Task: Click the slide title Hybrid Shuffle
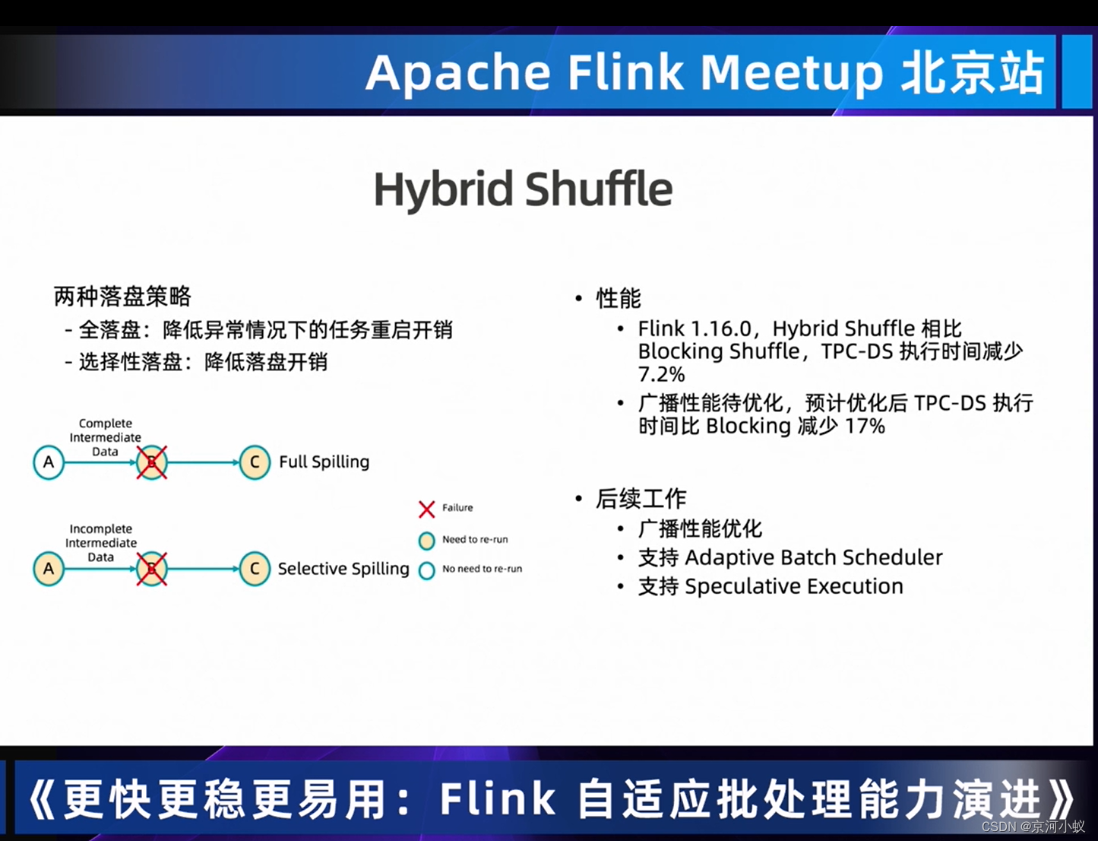pos(523,189)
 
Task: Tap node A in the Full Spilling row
pos(49,462)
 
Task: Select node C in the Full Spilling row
pos(255,462)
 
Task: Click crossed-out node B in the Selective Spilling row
pos(151,569)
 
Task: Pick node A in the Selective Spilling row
pos(49,569)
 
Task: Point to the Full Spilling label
pos(324,462)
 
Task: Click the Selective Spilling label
pos(343,569)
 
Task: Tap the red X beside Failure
pos(426,509)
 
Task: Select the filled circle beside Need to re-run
pos(426,541)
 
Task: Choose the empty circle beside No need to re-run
pos(426,570)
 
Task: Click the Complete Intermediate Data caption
pos(106,437)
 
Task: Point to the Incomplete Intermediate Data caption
pos(101,543)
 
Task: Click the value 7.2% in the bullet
pos(661,374)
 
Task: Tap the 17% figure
pos(865,426)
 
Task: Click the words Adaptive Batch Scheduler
pos(813,557)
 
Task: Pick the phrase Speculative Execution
pos(793,586)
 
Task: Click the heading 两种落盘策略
pos(122,296)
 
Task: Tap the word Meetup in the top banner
pos(791,73)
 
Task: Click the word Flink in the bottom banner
pos(498,798)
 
